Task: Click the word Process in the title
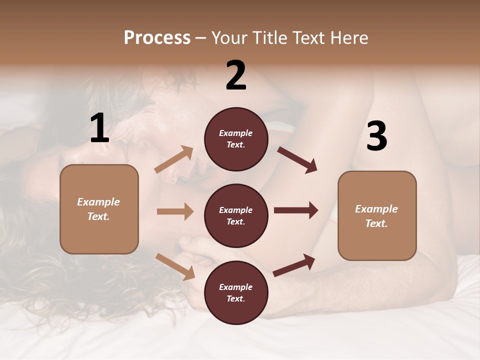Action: pos(157,38)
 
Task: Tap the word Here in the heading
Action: pos(348,38)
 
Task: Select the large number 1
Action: pos(99,129)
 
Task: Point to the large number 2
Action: pos(236,75)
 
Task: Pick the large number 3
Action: pos(376,136)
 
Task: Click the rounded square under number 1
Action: pos(99,209)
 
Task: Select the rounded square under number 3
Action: pos(377,216)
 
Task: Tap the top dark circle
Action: pos(236,139)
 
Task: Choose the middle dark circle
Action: pos(236,216)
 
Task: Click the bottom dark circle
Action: pos(236,292)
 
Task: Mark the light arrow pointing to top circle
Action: pos(174,159)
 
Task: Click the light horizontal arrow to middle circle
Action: pos(175,211)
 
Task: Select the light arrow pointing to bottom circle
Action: pos(175,266)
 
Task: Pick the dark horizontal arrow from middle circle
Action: pos(296,210)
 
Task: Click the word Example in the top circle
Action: pos(236,133)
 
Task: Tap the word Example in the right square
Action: pos(376,209)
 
